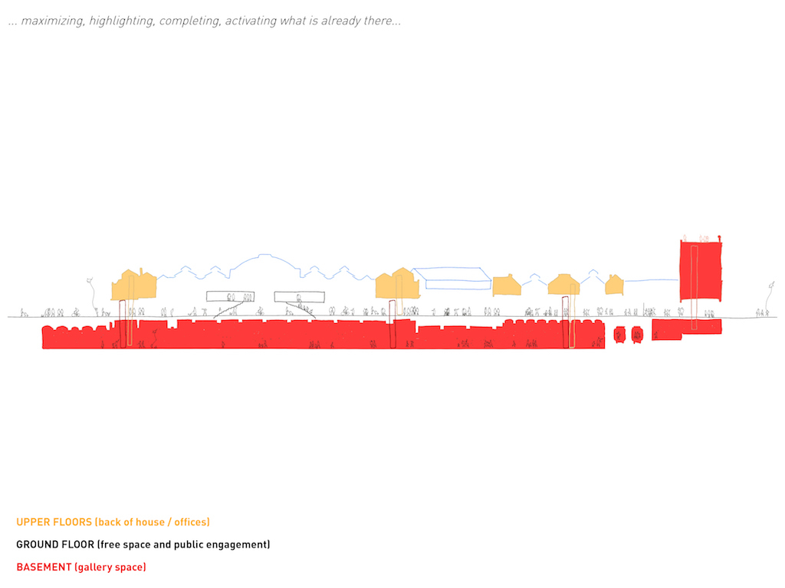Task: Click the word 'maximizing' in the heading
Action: (52, 21)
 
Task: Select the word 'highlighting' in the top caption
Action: (122, 21)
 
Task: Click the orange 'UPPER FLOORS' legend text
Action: (54, 522)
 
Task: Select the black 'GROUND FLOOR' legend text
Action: (55, 544)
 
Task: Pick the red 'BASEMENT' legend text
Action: (44, 567)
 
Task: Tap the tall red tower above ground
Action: (701, 270)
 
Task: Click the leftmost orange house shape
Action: (133, 285)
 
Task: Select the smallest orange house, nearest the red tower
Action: (614, 285)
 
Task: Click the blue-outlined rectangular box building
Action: (452, 278)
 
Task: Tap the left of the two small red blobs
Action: (619, 335)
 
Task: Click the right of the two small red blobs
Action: (637, 335)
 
